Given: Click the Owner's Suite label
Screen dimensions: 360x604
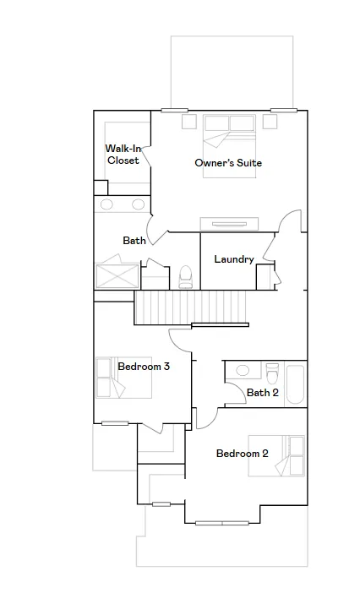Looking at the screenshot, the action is [228, 163].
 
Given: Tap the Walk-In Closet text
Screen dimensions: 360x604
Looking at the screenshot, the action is [123, 155].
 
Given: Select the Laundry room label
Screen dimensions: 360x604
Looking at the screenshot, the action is [234, 259].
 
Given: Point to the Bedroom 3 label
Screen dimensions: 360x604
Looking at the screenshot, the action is [144, 367].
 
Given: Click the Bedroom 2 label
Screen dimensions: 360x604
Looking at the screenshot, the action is [242, 454].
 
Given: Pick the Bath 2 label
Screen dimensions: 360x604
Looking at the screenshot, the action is [263, 393].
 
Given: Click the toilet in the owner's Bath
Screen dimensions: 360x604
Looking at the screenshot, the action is [186, 276].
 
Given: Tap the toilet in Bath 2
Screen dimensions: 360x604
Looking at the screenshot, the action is [272, 373].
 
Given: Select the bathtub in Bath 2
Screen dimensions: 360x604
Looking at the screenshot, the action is [295, 384].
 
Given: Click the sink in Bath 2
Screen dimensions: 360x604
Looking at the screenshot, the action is [243, 371].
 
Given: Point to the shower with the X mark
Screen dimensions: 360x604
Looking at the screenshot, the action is [117, 275].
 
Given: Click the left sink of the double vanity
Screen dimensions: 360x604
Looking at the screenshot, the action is [106, 204].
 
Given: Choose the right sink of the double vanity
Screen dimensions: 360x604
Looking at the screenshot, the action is [139, 204].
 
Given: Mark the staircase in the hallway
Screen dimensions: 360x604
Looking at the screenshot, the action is [190, 307].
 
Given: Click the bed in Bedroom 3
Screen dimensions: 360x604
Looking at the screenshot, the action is [123, 378].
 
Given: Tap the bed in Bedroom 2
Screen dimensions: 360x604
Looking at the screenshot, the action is [276, 456].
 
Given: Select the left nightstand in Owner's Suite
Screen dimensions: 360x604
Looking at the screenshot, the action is [188, 122].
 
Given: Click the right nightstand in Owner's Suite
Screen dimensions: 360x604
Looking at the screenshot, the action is [270, 122].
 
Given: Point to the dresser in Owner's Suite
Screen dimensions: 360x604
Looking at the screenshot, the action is [229, 224].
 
